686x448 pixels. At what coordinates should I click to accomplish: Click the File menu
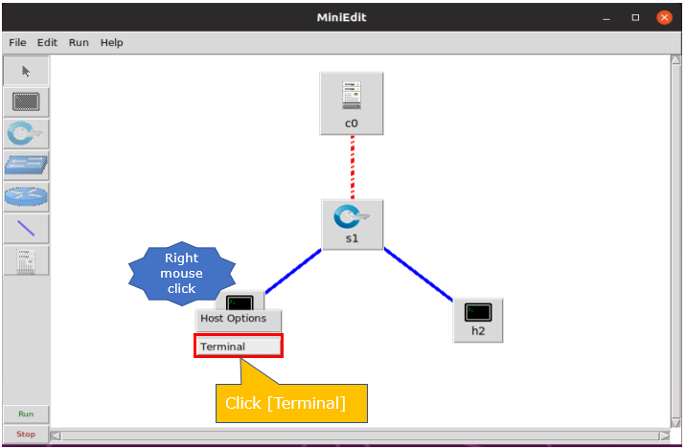[17, 43]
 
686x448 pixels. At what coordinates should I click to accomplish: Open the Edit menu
[47, 43]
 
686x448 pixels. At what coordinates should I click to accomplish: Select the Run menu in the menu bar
[79, 43]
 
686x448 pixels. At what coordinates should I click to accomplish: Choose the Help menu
[111, 43]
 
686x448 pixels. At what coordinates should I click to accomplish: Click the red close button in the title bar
[664, 17]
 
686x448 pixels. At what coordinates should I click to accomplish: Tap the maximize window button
[635, 17]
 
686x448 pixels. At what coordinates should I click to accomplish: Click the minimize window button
[606, 18]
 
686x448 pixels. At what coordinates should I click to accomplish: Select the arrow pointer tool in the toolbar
[26, 71]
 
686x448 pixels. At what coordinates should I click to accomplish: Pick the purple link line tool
[26, 228]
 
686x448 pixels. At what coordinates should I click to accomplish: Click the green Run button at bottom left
[26, 414]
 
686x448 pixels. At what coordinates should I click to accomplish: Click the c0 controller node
[352, 103]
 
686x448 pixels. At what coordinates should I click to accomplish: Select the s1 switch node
[353, 225]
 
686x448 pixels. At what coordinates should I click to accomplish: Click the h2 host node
[478, 321]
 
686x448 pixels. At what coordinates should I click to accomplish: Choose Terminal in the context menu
[239, 347]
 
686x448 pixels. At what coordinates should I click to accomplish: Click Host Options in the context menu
[239, 319]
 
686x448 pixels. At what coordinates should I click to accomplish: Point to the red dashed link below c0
[353, 168]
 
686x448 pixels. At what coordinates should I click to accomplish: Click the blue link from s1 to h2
[419, 275]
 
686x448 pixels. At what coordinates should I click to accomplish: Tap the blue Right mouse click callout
[182, 273]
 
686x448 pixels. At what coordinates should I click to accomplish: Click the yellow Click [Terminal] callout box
[291, 403]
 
